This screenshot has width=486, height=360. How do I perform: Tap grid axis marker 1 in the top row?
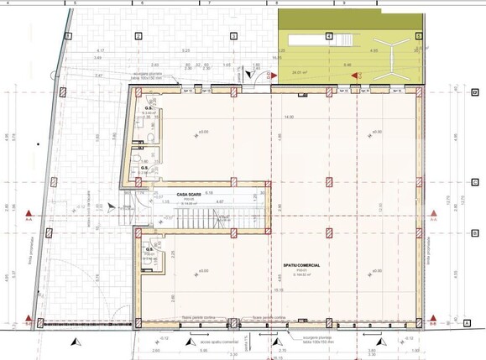[x=68, y=36]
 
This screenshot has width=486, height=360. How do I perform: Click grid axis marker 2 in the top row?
[x=136, y=36]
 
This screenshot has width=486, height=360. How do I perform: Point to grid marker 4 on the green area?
[x=328, y=36]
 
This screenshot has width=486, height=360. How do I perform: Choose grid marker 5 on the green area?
[x=418, y=36]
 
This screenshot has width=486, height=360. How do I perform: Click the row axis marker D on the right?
[x=475, y=92]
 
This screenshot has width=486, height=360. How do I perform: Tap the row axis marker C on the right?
[x=475, y=181]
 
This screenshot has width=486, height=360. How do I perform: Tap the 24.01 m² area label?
[x=297, y=72]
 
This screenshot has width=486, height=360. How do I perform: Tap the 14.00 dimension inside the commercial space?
[x=289, y=117]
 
